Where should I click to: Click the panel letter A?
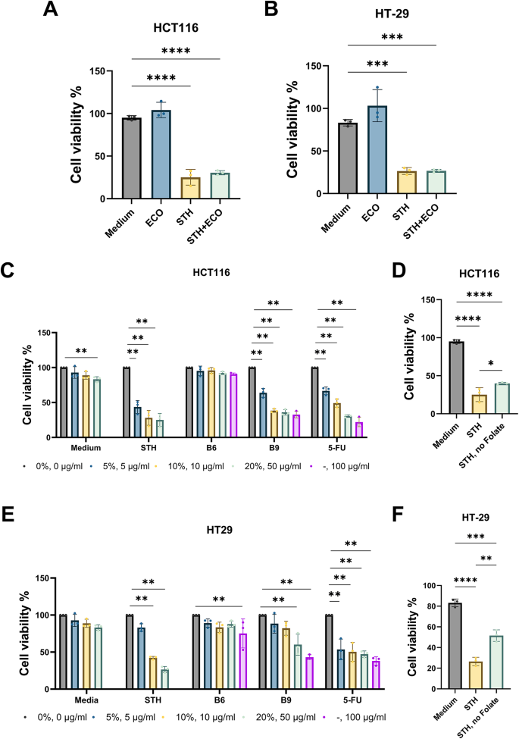[x=51, y=10]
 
